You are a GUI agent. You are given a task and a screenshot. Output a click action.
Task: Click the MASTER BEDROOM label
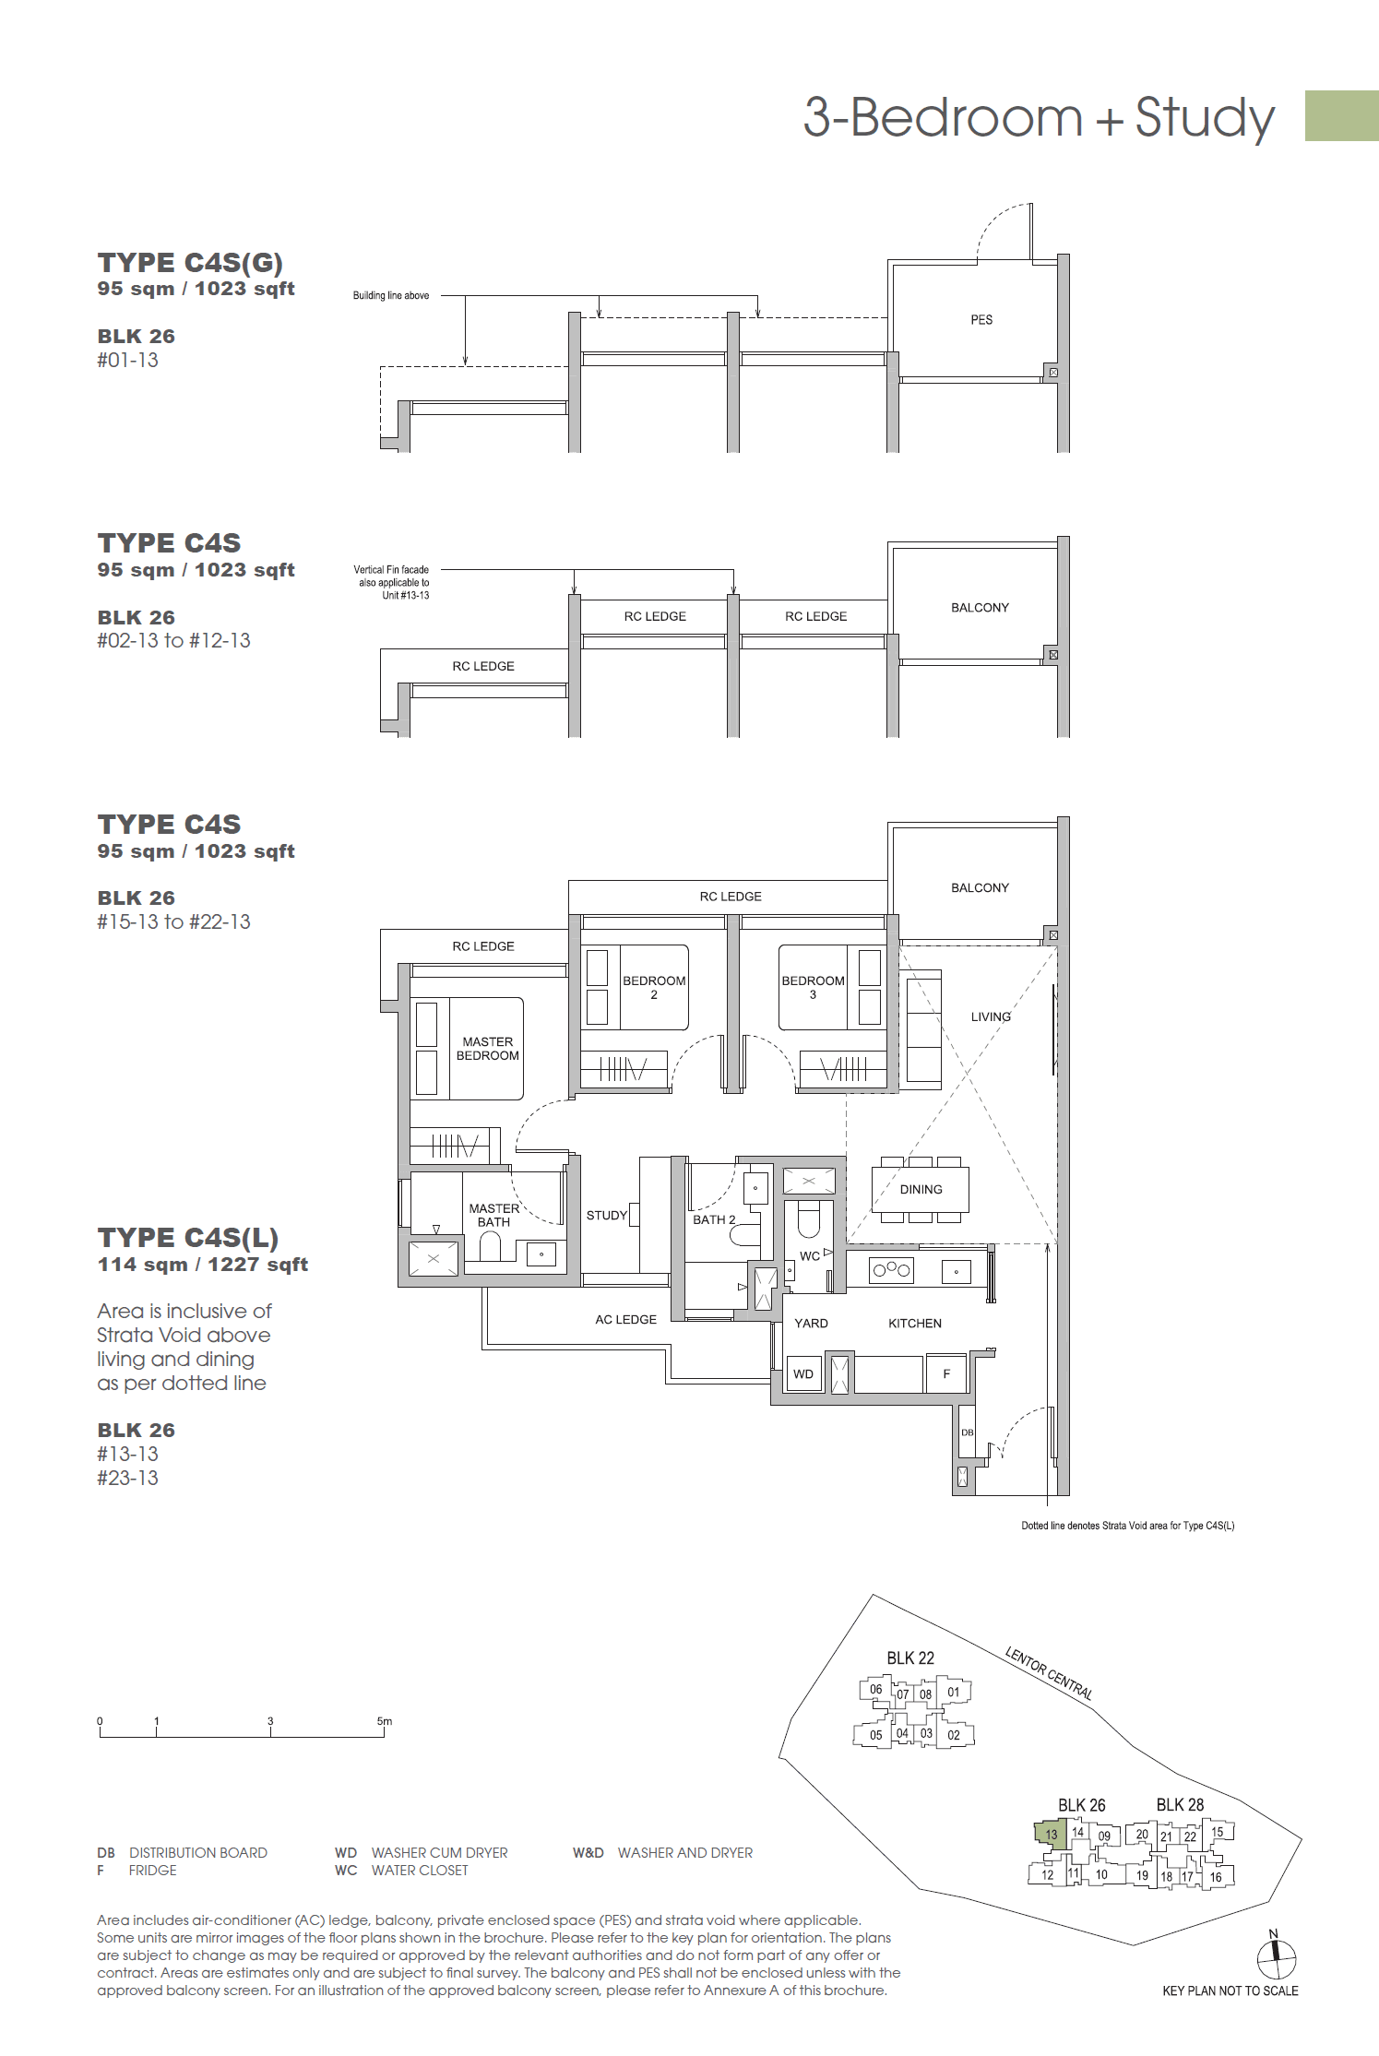487,1049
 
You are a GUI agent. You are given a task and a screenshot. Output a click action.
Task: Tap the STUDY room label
606,1216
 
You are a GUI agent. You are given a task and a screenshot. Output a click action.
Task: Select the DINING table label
921,1190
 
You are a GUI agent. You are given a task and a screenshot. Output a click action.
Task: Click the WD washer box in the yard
803,1374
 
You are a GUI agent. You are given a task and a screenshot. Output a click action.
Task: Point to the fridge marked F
946,1374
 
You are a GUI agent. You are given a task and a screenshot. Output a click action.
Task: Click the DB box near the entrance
967,1432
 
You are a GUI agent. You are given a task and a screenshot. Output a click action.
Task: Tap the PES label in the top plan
981,320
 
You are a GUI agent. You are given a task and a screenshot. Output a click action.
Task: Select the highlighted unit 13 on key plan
1051,1834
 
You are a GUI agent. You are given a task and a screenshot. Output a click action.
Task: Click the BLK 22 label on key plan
910,1658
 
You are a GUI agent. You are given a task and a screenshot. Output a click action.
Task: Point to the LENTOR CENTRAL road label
1049,1673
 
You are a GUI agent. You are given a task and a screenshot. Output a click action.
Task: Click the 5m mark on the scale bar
384,1721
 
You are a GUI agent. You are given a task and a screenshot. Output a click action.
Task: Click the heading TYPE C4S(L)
187,1238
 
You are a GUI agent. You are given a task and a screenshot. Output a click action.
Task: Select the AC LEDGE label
625,1320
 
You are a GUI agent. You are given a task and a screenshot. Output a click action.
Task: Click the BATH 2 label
714,1219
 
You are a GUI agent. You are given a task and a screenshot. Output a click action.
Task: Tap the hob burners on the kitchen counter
891,1270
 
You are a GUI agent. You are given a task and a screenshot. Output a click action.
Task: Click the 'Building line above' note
390,296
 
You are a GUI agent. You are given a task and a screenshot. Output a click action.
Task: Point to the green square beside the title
1341,116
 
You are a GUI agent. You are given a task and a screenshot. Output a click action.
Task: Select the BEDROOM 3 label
813,987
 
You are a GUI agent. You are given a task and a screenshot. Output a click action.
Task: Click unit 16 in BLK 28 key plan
1215,1877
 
